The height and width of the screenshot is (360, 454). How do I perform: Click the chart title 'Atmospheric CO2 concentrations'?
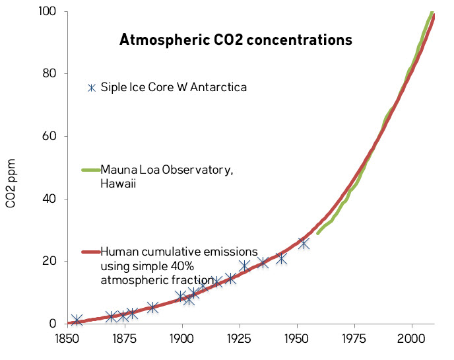tap(236, 40)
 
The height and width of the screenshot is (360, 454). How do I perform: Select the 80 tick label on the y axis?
tap(49, 74)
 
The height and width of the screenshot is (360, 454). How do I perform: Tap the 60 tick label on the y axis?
tap(49, 137)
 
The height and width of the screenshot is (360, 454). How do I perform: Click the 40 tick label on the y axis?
tap(49, 199)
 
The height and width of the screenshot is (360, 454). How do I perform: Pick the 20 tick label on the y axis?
tap(49, 262)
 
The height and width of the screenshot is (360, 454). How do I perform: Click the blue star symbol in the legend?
tap(92, 87)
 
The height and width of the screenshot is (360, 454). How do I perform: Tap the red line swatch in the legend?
tap(90, 252)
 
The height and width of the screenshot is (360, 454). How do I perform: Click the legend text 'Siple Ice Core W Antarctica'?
tap(174, 87)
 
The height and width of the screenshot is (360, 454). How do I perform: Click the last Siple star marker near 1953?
tap(304, 243)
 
